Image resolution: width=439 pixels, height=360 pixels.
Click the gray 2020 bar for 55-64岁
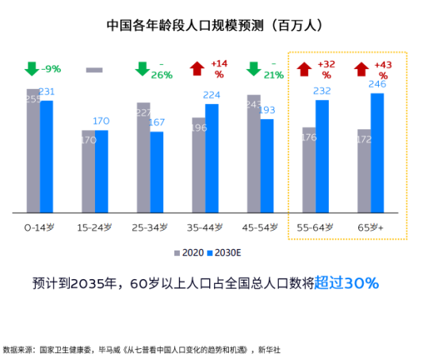308,170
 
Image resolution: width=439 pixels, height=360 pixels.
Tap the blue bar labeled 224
212,159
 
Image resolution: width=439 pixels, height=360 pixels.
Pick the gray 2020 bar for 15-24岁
88,172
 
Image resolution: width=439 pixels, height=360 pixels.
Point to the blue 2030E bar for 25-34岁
157,172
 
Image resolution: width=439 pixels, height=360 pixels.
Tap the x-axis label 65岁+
370,227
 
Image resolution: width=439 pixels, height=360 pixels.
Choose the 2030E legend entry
227,253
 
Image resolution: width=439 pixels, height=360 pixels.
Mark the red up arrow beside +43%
361,69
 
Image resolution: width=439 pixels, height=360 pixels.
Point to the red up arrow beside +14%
197,69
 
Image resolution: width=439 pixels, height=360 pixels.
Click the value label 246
377,84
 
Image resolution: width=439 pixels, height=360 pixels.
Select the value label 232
323,91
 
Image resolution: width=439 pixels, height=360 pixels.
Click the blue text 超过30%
345,283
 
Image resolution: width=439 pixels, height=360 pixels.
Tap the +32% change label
325,69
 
